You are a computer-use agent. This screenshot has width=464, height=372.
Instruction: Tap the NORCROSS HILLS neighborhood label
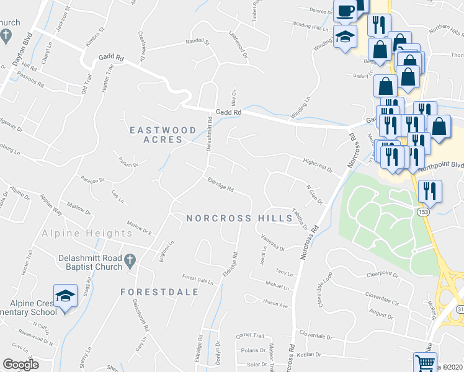click(239, 218)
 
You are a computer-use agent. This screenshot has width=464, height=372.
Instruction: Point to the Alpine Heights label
click(87, 233)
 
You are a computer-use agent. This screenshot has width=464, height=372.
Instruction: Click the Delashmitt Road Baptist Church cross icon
click(130, 262)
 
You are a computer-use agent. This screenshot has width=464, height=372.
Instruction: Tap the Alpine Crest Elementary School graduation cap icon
click(65, 296)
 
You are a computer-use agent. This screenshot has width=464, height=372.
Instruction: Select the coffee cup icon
click(345, 10)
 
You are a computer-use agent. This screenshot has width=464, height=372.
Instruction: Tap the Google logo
click(20, 365)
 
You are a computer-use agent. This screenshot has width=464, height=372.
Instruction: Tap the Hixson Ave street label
click(276, 305)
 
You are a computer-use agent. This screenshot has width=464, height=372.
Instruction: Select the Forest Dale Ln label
click(197, 279)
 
